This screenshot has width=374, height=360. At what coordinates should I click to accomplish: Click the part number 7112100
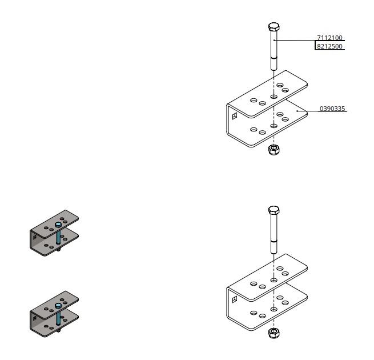pyautogui.click(x=329, y=38)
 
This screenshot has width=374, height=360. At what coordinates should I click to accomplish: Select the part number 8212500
pyautogui.click(x=329, y=46)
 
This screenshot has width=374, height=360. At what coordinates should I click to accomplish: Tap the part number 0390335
pyautogui.click(x=332, y=109)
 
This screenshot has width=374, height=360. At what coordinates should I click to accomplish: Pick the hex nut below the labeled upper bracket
pyautogui.click(x=274, y=150)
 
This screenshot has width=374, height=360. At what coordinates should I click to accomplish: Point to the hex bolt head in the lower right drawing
pyautogui.click(x=274, y=211)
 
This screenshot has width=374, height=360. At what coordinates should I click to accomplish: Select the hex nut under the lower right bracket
pyautogui.click(x=274, y=333)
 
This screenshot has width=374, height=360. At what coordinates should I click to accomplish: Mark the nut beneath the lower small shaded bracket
pyautogui.click(x=58, y=330)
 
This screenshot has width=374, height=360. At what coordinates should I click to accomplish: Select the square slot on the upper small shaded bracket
pyautogui.click(x=35, y=235)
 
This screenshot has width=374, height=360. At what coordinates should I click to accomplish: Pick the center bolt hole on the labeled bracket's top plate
pyautogui.click(x=274, y=97)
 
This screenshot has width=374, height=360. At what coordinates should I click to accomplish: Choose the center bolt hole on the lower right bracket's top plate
pyautogui.click(x=274, y=281)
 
